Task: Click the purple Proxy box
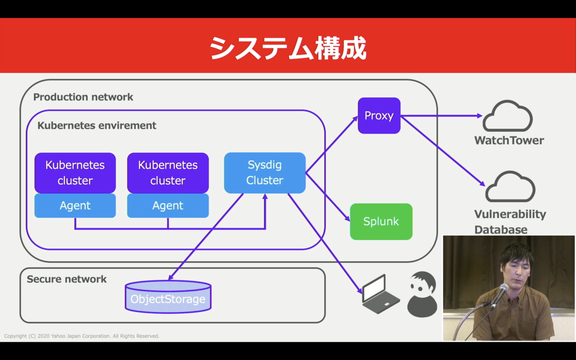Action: [379, 116]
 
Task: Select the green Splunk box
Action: [381, 222]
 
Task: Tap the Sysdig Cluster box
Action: [265, 173]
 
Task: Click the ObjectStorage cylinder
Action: [168, 297]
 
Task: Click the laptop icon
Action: [381, 294]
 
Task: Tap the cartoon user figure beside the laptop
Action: [422, 294]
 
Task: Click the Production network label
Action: [83, 97]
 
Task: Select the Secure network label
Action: [67, 279]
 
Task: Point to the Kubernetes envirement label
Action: [96, 125]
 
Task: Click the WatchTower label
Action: [509, 140]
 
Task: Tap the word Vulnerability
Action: [510, 214]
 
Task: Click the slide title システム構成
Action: [288, 48]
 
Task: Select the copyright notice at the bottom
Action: [82, 336]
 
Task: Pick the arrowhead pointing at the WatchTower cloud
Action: [480, 116]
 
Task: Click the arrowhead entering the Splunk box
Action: [347, 218]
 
